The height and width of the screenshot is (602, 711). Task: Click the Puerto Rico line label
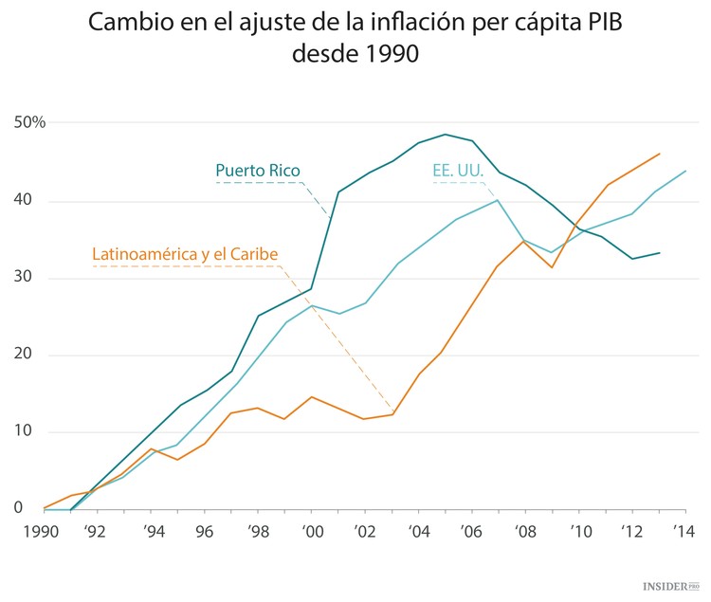(258, 171)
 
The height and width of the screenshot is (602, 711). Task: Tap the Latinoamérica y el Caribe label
(185, 254)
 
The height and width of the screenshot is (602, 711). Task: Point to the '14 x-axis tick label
(684, 532)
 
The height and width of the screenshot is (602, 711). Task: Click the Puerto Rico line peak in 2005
(445, 135)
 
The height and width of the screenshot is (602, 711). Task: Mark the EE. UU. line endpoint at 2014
(685, 172)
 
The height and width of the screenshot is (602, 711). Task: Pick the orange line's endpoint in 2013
(660, 154)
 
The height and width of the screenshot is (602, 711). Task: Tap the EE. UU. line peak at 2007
(498, 200)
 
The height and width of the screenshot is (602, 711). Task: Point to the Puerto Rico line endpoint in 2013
(660, 253)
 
